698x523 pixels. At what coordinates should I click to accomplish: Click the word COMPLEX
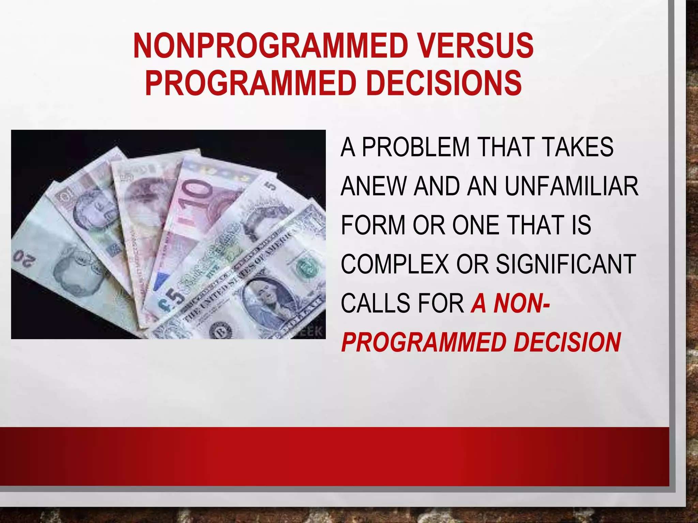pyautogui.click(x=395, y=264)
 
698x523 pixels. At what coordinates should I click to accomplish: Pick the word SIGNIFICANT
pyautogui.click(x=566, y=264)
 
